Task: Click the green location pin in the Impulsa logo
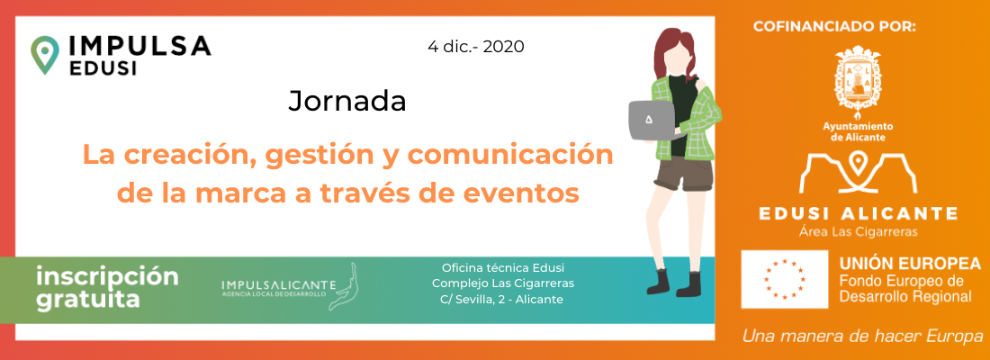pyautogui.click(x=45, y=55)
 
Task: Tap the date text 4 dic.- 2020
pyautogui.click(x=475, y=47)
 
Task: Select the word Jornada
pyautogui.click(x=347, y=101)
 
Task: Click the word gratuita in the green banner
pyautogui.click(x=88, y=300)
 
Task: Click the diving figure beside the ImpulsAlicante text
pyautogui.click(x=343, y=287)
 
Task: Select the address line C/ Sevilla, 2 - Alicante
pyautogui.click(x=501, y=300)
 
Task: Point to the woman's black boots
pyautogui.click(x=674, y=283)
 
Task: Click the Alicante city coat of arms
pyautogui.click(x=858, y=80)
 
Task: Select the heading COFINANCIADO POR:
pyautogui.click(x=834, y=26)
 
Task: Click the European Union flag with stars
pyautogui.click(x=784, y=279)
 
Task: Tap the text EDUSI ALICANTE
pyautogui.click(x=858, y=213)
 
